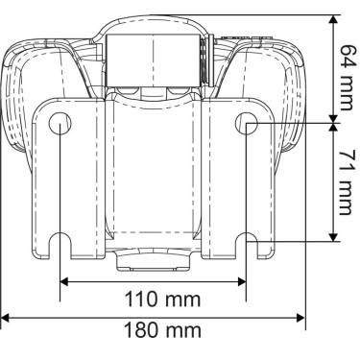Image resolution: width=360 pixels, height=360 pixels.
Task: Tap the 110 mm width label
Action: pyautogui.click(x=162, y=300)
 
